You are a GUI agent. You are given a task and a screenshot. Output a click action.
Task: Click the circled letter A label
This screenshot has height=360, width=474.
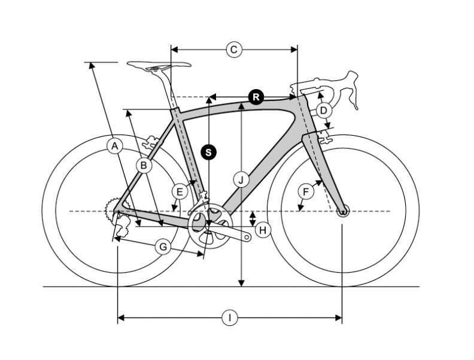click(115, 146)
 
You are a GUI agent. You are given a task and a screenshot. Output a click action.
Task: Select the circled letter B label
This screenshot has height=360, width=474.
click(144, 166)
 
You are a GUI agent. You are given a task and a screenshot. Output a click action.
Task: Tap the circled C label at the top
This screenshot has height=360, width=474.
click(234, 50)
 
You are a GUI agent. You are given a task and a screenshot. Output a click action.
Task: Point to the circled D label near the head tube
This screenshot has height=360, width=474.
click(323, 111)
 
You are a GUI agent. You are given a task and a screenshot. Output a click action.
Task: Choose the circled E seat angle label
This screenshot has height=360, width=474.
click(180, 192)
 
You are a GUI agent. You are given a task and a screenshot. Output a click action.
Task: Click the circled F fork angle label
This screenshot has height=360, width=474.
click(306, 192)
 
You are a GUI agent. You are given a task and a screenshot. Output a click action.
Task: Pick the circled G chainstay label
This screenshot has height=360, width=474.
click(163, 247)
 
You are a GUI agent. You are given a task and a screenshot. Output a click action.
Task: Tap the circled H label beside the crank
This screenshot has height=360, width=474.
click(263, 230)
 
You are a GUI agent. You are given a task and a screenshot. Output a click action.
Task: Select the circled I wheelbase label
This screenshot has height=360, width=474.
click(230, 318)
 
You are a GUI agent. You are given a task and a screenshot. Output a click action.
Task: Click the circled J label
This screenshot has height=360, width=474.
click(241, 180)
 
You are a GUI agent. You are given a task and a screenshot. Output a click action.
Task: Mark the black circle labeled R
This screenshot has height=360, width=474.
click(256, 97)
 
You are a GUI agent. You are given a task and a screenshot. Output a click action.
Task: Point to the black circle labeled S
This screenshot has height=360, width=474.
click(209, 152)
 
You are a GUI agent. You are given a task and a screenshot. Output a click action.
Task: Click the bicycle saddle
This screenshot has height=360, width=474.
click(159, 65)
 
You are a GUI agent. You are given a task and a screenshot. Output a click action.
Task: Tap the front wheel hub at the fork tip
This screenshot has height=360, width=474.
click(342, 211)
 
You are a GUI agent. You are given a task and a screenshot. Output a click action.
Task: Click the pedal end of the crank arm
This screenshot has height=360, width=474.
click(247, 237)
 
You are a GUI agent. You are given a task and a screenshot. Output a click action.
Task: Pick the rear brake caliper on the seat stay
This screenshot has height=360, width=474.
click(151, 142)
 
